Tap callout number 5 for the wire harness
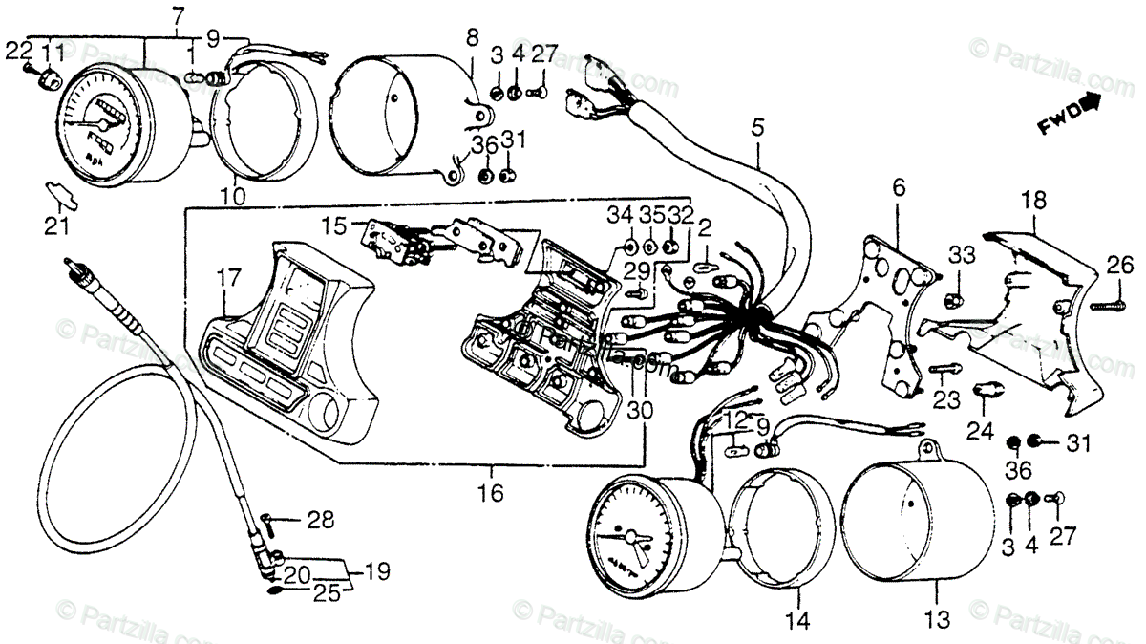tap(757, 125)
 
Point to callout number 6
tap(899, 189)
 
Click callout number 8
tap(473, 38)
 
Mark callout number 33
tap(962, 254)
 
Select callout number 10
tap(232, 196)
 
